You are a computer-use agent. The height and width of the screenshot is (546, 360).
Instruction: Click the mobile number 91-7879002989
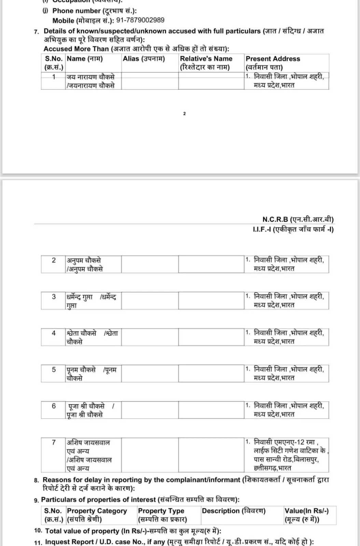[140, 20]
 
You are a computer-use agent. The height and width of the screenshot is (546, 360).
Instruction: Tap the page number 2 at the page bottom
[184, 114]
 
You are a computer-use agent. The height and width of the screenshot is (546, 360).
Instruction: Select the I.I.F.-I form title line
[293, 229]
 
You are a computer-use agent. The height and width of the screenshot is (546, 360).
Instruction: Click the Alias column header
[144, 59]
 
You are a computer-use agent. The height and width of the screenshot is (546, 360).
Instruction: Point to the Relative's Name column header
[206, 63]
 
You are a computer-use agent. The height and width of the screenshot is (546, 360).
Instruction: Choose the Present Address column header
[273, 63]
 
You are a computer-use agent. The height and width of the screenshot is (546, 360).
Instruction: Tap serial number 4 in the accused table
[54, 333]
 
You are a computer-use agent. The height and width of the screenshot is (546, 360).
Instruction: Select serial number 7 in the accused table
[54, 443]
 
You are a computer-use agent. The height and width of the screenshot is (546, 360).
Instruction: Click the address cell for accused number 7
[286, 455]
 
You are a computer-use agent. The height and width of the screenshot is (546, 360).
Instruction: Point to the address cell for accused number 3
[286, 300]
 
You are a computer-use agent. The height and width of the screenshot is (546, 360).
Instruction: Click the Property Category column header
[97, 515]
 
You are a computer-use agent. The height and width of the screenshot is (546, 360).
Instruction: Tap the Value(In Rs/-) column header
[306, 515]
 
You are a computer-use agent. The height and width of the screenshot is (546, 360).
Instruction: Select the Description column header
[234, 511]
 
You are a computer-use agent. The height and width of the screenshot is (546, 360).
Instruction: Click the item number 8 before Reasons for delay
[37, 480]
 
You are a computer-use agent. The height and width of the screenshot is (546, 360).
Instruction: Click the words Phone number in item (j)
[77, 11]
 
